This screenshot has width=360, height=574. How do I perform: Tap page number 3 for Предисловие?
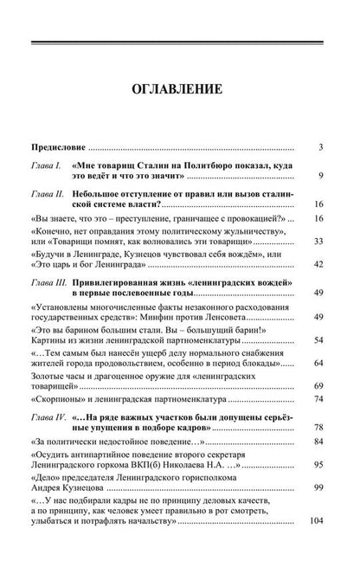320,147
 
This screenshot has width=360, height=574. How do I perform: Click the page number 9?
320,178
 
